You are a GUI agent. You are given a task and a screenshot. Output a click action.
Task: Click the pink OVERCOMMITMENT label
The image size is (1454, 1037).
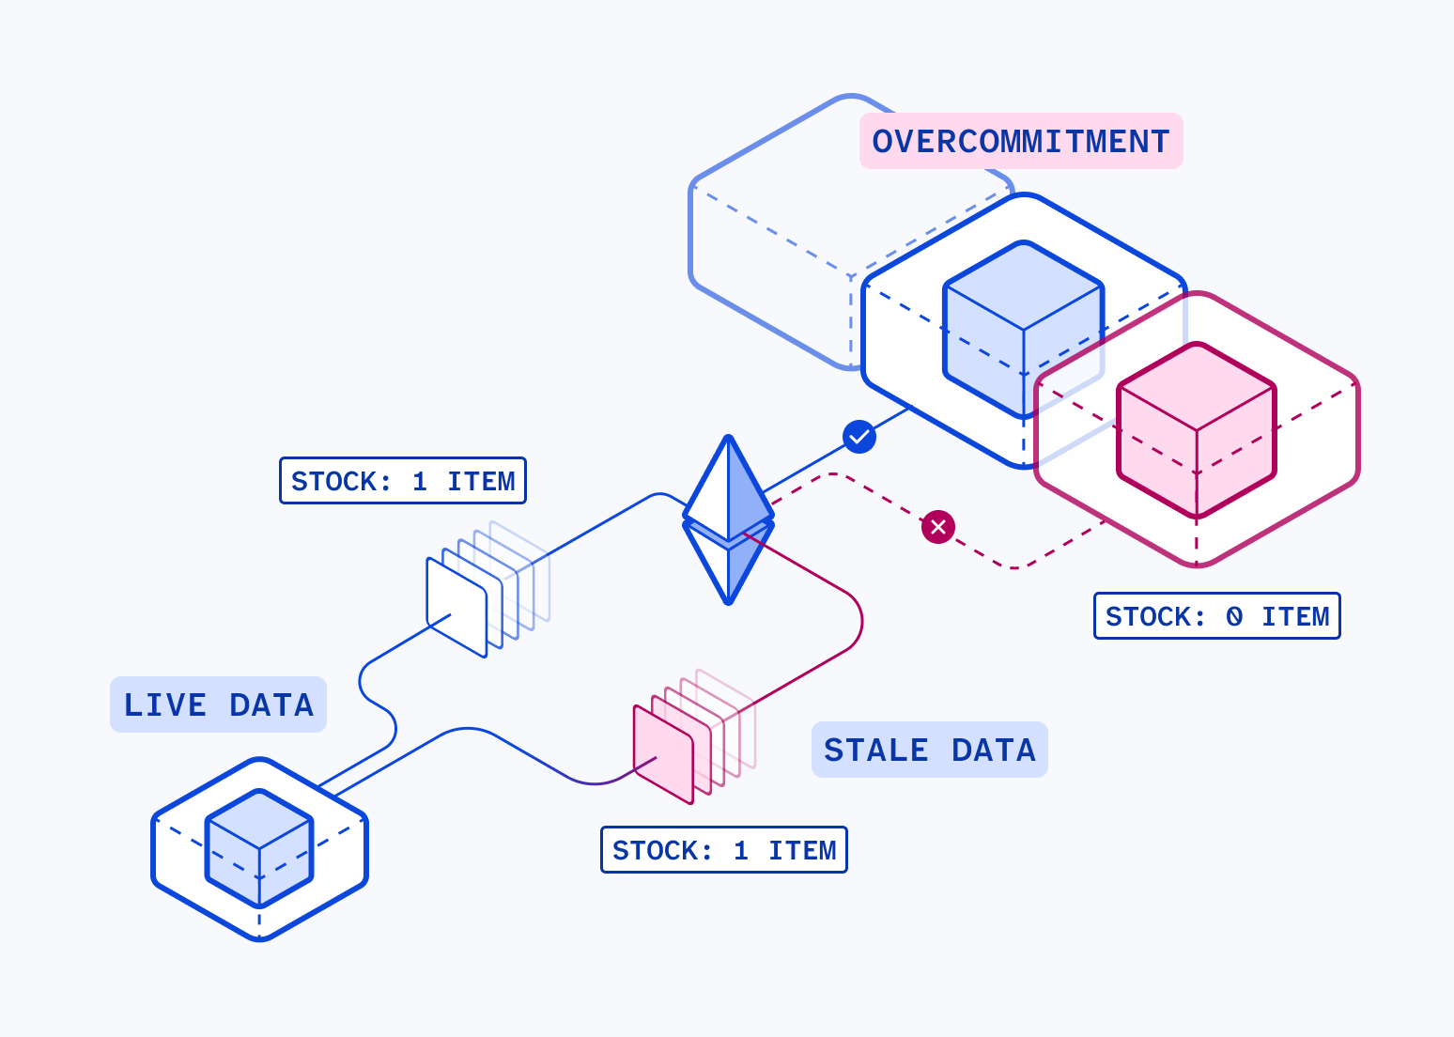pos(1021,141)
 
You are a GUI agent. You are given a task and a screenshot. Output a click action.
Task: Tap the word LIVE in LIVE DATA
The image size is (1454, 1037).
pos(165,704)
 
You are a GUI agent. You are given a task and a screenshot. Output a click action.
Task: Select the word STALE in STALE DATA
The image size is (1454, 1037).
pos(875,750)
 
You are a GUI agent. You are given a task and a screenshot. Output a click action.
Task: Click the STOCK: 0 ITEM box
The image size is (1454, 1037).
pos(1217,616)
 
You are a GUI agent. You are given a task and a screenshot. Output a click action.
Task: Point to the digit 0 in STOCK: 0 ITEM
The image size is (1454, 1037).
pos(1234,616)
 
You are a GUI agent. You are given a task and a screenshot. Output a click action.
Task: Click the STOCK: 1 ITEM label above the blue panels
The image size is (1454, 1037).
pos(403,480)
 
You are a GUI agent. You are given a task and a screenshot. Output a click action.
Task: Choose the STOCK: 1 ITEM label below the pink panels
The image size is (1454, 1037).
pos(724,849)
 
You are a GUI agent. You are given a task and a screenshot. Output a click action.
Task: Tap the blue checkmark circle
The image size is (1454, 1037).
pos(859,437)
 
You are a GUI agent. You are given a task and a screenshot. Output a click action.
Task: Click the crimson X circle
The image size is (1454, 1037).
pos(938,527)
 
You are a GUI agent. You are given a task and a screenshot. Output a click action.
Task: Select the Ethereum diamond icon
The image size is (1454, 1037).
pos(728,519)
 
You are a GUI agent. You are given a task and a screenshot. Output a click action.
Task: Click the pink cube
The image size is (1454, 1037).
pos(1197,430)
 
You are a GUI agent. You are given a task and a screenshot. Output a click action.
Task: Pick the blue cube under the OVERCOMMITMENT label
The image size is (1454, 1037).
pos(1023,330)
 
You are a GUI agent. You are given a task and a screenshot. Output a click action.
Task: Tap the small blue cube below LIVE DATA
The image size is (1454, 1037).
pos(259,847)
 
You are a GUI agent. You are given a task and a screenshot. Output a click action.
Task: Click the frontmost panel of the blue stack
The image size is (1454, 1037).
pos(456,608)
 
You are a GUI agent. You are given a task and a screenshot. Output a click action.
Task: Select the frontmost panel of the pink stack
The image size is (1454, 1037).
pos(663,754)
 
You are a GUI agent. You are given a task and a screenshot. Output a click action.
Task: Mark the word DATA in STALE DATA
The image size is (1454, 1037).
pos(993,750)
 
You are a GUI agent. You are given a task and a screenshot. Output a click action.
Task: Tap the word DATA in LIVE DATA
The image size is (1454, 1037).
pos(271,704)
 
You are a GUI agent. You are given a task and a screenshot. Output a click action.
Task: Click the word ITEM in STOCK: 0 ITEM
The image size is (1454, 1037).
pos(1295,616)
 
